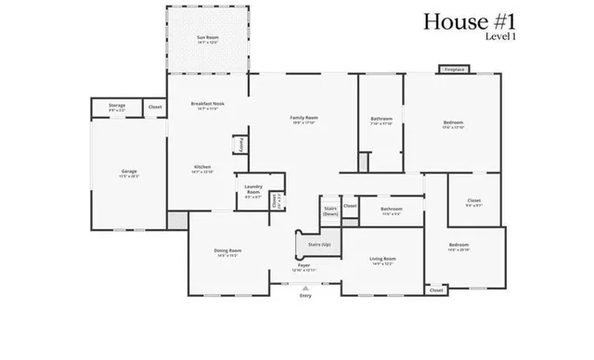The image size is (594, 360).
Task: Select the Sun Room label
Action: [x=206, y=38]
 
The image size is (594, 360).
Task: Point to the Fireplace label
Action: [x=454, y=70]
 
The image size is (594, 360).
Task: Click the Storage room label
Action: [x=117, y=106]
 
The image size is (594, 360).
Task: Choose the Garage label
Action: [x=129, y=172]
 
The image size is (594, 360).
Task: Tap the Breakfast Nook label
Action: [x=206, y=103]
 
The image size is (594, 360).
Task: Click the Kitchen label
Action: [x=202, y=168]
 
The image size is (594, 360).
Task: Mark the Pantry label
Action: [x=240, y=145]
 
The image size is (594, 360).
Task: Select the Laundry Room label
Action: [x=252, y=189]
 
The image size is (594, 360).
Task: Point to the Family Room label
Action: [x=304, y=118]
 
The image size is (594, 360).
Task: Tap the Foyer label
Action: [x=303, y=265]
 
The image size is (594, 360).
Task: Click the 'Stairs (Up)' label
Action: [x=307, y=244]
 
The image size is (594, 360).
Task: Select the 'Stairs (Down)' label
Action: [x=330, y=211]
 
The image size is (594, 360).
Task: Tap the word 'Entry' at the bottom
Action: [x=305, y=296]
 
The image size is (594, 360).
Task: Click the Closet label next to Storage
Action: [x=154, y=107]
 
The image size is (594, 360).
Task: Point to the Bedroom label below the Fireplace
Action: [x=453, y=122]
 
